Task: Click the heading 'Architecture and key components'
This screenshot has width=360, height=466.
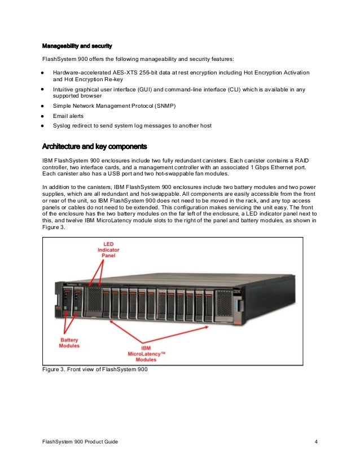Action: (x=95, y=147)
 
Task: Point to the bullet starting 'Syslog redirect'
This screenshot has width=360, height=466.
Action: (x=132, y=126)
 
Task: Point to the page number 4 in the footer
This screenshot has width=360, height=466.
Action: (x=316, y=441)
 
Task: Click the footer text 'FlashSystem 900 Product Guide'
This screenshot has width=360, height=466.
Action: (x=80, y=441)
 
